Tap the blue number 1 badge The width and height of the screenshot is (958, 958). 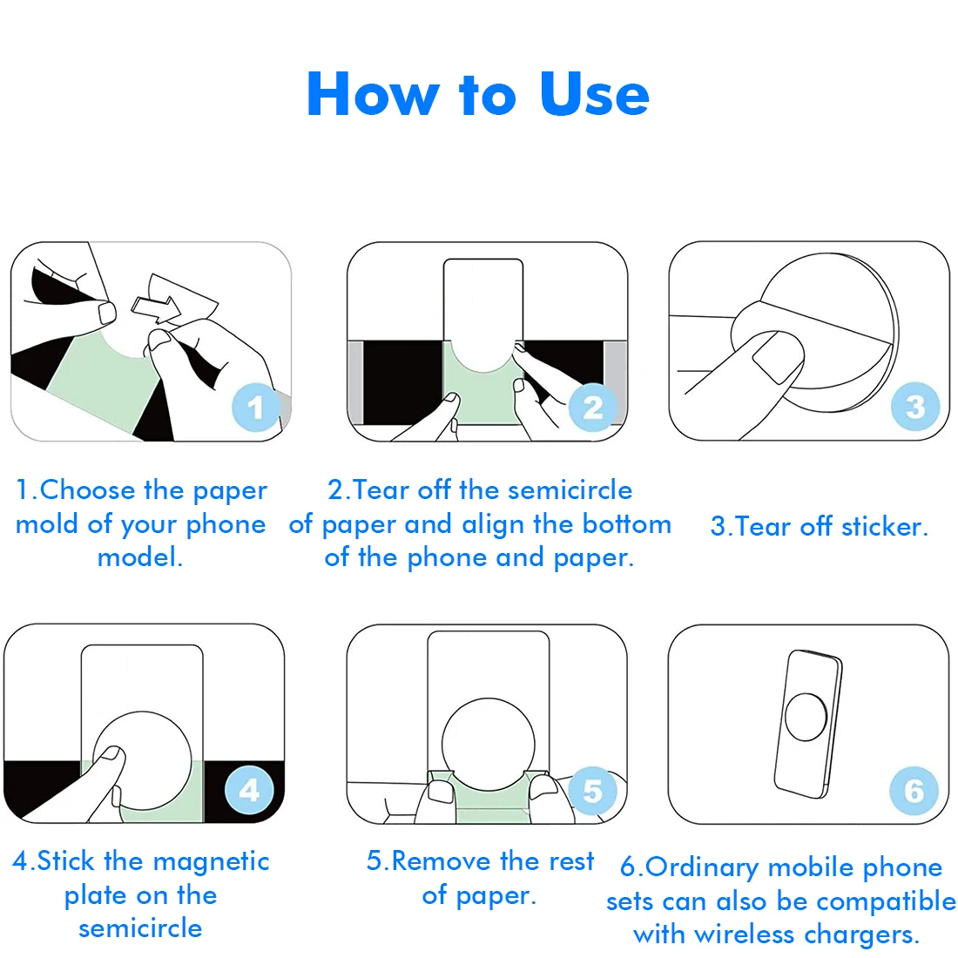tap(256, 407)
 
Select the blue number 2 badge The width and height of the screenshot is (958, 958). tap(592, 407)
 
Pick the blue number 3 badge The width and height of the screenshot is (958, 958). tap(914, 407)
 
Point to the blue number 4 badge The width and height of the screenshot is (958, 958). tap(249, 790)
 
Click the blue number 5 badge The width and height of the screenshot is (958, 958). tap(592, 791)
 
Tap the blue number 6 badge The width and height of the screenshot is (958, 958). tap(914, 791)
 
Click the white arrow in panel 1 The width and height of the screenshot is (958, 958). tap(156, 308)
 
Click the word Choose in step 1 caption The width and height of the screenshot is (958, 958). tap(87, 490)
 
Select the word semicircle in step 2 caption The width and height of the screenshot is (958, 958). tap(570, 490)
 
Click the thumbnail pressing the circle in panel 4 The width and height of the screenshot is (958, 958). tap(111, 754)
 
